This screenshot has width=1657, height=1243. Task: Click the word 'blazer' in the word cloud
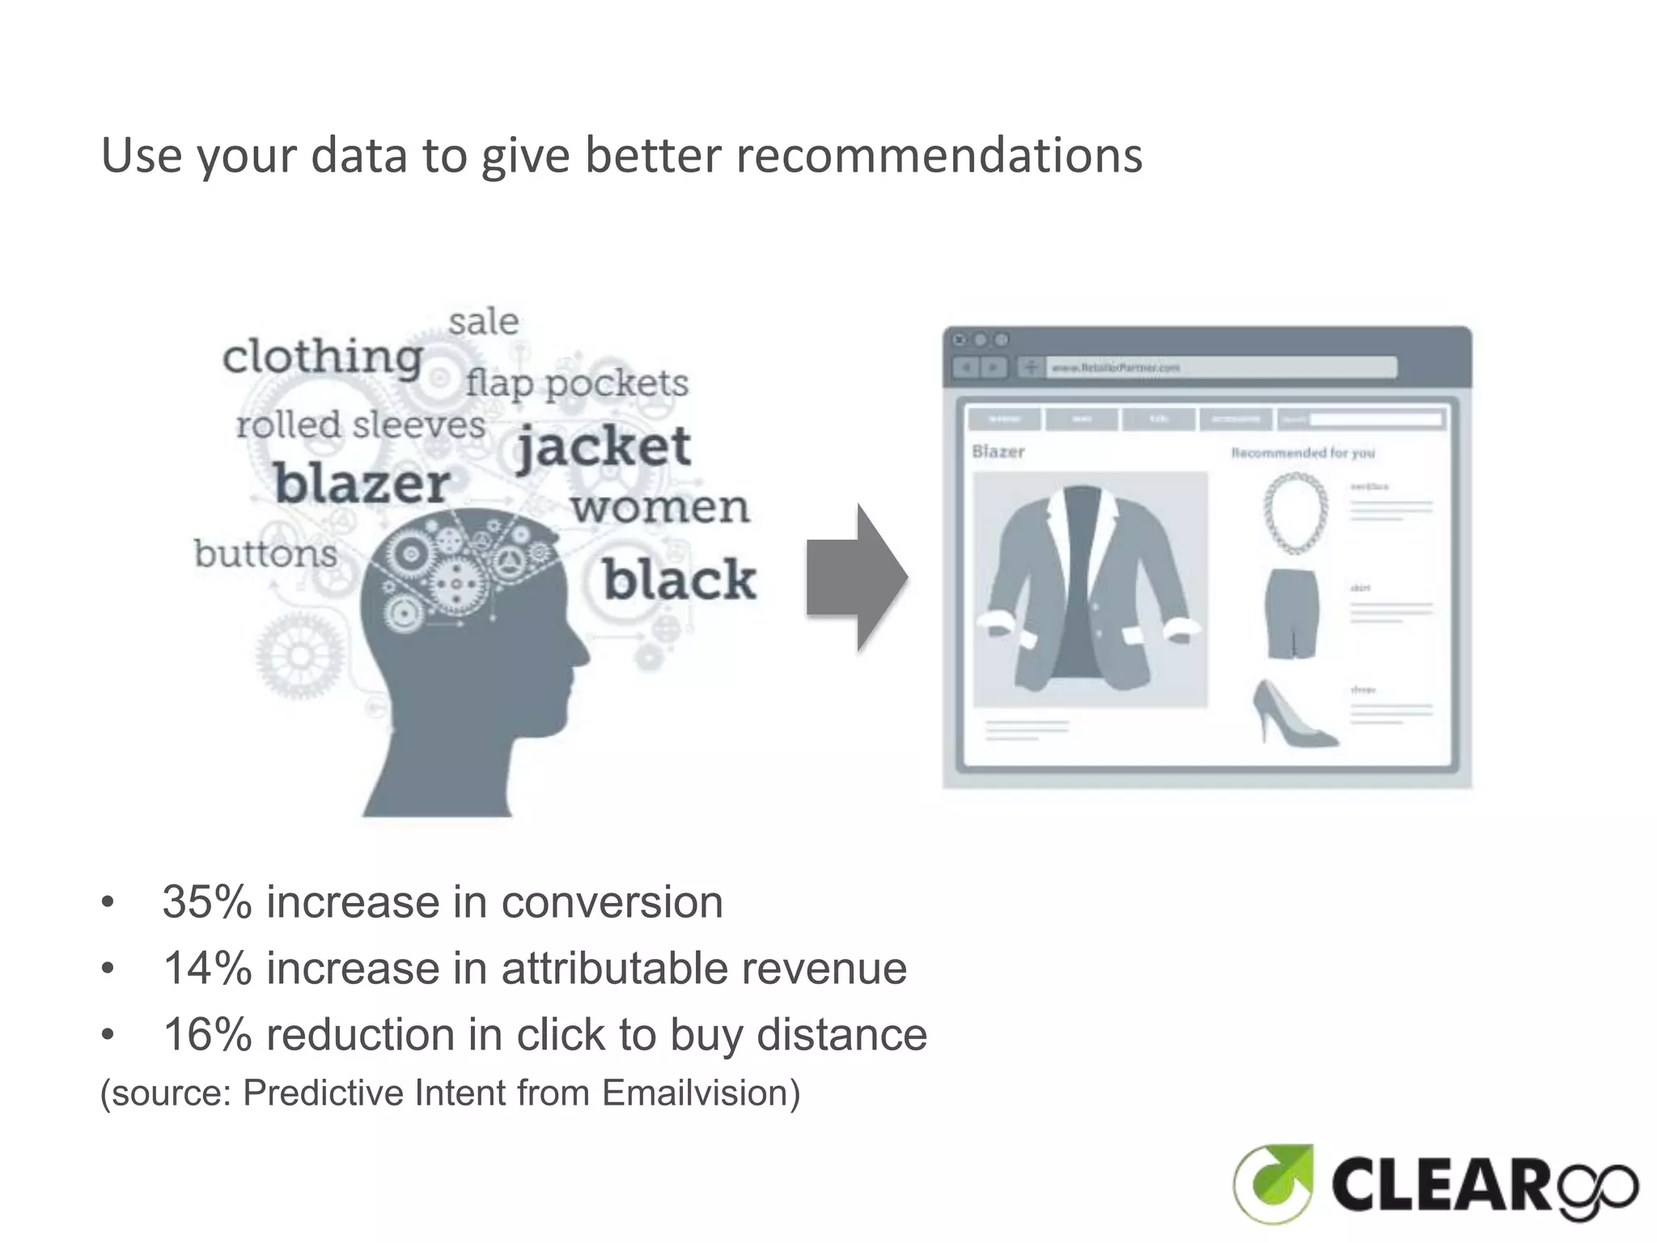pyautogui.click(x=362, y=484)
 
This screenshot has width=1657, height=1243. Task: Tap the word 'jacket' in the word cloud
pyautogui.click(x=604, y=447)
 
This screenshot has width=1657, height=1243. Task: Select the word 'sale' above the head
pyautogui.click(x=484, y=322)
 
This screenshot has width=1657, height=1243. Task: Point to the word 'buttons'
pyautogui.click(x=265, y=554)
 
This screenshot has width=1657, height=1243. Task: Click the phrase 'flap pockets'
pyautogui.click(x=577, y=384)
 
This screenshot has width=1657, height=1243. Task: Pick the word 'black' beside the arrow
pyautogui.click(x=680, y=580)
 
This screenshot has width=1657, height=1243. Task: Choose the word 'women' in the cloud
pyautogui.click(x=660, y=508)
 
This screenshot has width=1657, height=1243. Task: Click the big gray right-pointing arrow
pyautogui.click(x=857, y=578)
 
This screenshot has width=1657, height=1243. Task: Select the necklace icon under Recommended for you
pyautogui.click(x=1295, y=513)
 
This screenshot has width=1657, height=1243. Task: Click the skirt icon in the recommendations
pyautogui.click(x=1292, y=613)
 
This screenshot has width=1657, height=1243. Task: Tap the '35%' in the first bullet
pyautogui.click(x=207, y=902)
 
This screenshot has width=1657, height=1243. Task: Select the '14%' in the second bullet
pyautogui.click(x=207, y=969)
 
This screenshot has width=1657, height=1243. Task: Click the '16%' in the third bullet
pyautogui.click(x=207, y=1035)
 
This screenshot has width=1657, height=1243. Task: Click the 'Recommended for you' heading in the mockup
pyautogui.click(x=1303, y=453)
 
